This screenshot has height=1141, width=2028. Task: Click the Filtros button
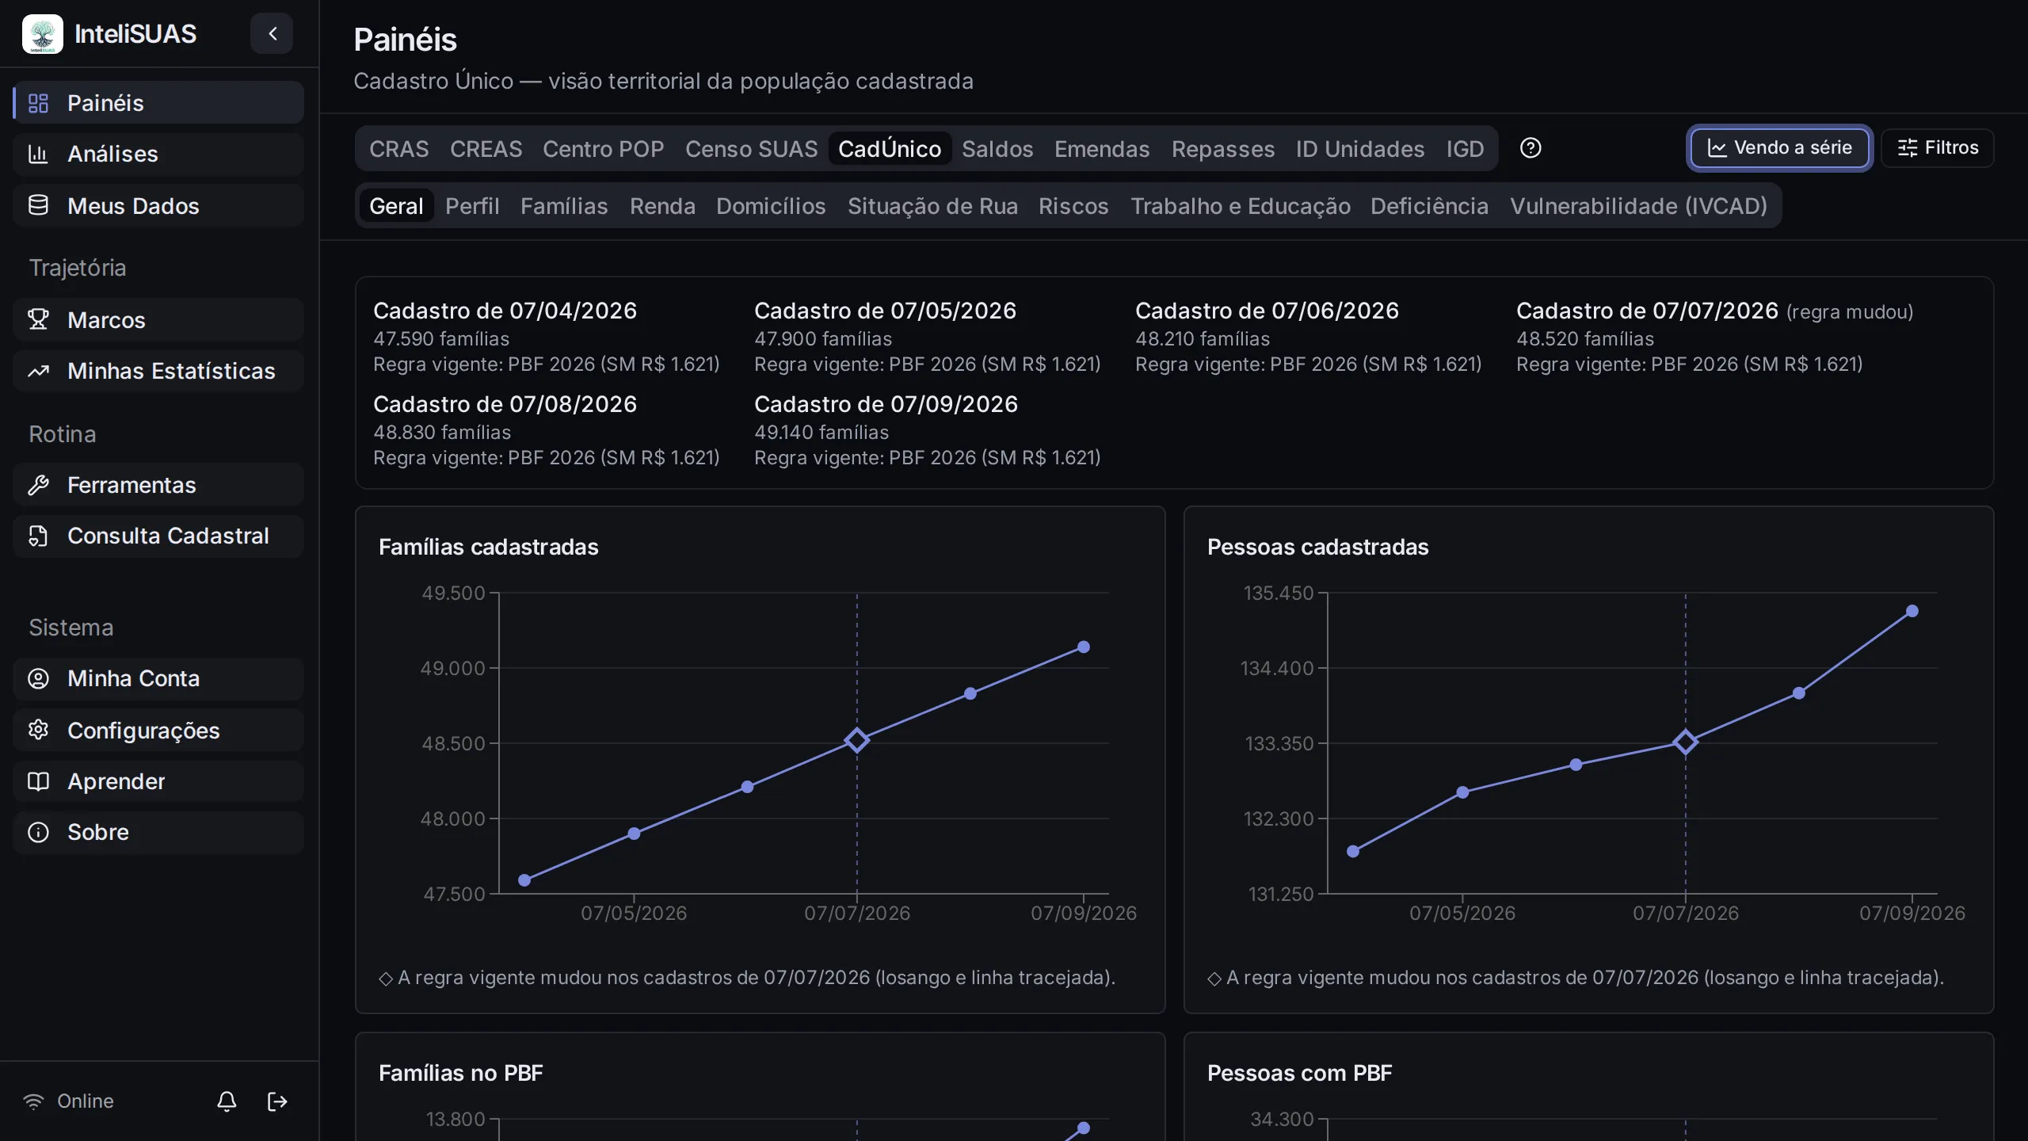[1938, 148]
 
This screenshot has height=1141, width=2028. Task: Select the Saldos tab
[997, 149]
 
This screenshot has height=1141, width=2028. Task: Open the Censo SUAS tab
[751, 149]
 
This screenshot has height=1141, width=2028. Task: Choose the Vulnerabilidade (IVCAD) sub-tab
[1638, 206]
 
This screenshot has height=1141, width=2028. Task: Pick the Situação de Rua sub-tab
[932, 206]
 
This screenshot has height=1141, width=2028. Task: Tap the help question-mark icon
[1531, 148]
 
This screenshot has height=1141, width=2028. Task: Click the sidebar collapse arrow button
[272, 33]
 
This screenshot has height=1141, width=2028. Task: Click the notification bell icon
[227, 1101]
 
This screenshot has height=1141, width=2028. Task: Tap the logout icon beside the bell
[277, 1101]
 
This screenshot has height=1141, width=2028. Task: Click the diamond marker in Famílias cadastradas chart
[856, 741]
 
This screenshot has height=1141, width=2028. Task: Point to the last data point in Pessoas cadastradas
[1912, 611]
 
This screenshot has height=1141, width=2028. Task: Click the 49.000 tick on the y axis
[452, 668]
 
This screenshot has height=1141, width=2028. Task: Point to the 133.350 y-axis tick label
[1279, 743]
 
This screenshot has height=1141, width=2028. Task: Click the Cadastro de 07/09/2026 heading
[886, 404]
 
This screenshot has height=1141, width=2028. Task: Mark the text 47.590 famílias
[441, 339]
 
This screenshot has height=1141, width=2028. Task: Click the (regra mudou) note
[1850, 312]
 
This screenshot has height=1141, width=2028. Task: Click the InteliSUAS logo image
[43, 34]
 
